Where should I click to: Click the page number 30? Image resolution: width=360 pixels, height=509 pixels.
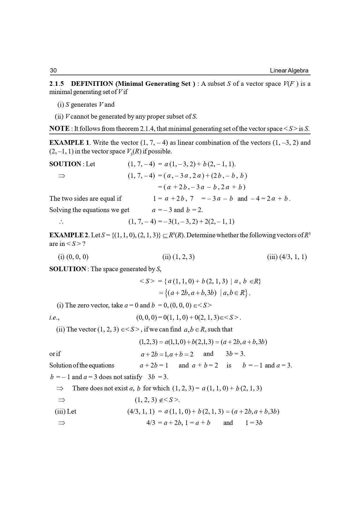click(53, 70)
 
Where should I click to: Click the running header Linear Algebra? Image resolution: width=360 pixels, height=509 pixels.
click(289, 70)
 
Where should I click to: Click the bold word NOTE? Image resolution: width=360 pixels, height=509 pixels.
click(59, 128)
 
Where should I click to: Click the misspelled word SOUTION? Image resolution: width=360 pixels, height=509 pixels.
click(65, 164)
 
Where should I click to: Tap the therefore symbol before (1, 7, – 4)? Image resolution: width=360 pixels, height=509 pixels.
click(61, 222)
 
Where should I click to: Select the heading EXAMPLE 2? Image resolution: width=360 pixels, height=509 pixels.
click(69, 235)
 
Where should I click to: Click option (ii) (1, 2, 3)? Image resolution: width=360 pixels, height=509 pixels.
click(178, 257)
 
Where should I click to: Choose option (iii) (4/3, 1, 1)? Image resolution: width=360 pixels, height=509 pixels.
click(287, 257)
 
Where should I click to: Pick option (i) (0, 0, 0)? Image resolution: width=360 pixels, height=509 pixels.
click(73, 257)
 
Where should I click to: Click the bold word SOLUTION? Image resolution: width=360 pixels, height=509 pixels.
click(68, 269)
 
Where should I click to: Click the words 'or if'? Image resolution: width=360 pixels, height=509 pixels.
click(55, 354)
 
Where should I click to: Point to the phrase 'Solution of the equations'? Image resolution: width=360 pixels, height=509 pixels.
click(82, 365)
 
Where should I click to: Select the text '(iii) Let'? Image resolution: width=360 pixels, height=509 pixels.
click(66, 412)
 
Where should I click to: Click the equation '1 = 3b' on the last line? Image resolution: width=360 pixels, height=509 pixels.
click(254, 423)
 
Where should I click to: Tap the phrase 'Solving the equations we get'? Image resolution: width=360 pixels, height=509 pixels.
click(89, 210)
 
